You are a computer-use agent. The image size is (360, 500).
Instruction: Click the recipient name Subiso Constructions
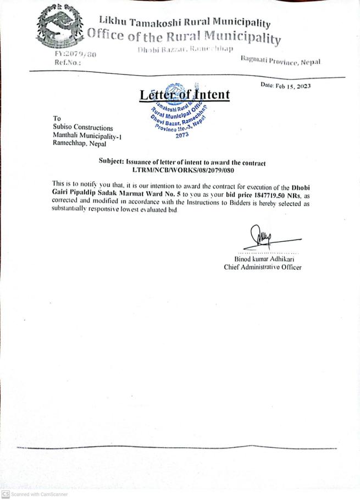[82, 127]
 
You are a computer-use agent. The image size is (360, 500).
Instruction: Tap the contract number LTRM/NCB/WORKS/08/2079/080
[182, 171]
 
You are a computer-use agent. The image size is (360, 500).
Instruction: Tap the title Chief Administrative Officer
[263, 268]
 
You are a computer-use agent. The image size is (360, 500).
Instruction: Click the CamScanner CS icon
[5, 494]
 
